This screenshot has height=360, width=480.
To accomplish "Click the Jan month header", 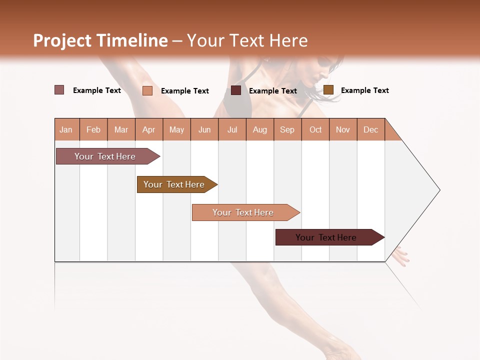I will click(x=66, y=129).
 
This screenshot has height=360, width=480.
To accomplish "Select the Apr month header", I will click(x=148, y=129).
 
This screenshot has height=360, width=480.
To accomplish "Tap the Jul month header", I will click(x=232, y=129).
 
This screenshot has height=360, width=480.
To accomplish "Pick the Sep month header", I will click(x=287, y=129).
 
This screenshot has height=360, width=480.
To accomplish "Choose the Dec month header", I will click(x=370, y=129).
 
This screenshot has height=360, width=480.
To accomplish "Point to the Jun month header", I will click(x=204, y=129).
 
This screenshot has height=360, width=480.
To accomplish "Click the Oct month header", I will click(x=315, y=129).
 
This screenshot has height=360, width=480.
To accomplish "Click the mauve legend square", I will click(x=59, y=90).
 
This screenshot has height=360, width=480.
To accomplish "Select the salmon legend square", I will click(x=147, y=90).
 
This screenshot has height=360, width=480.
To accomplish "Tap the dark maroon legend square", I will click(x=236, y=90).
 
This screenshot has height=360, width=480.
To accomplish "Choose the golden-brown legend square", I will click(x=328, y=90).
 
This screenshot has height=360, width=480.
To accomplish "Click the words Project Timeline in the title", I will click(x=100, y=40).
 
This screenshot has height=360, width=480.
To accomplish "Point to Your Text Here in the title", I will click(x=247, y=40).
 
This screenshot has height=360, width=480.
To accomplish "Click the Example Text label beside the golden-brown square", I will click(x=364, y=90).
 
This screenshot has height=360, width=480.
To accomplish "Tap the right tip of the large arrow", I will click(x=438, y=190).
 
